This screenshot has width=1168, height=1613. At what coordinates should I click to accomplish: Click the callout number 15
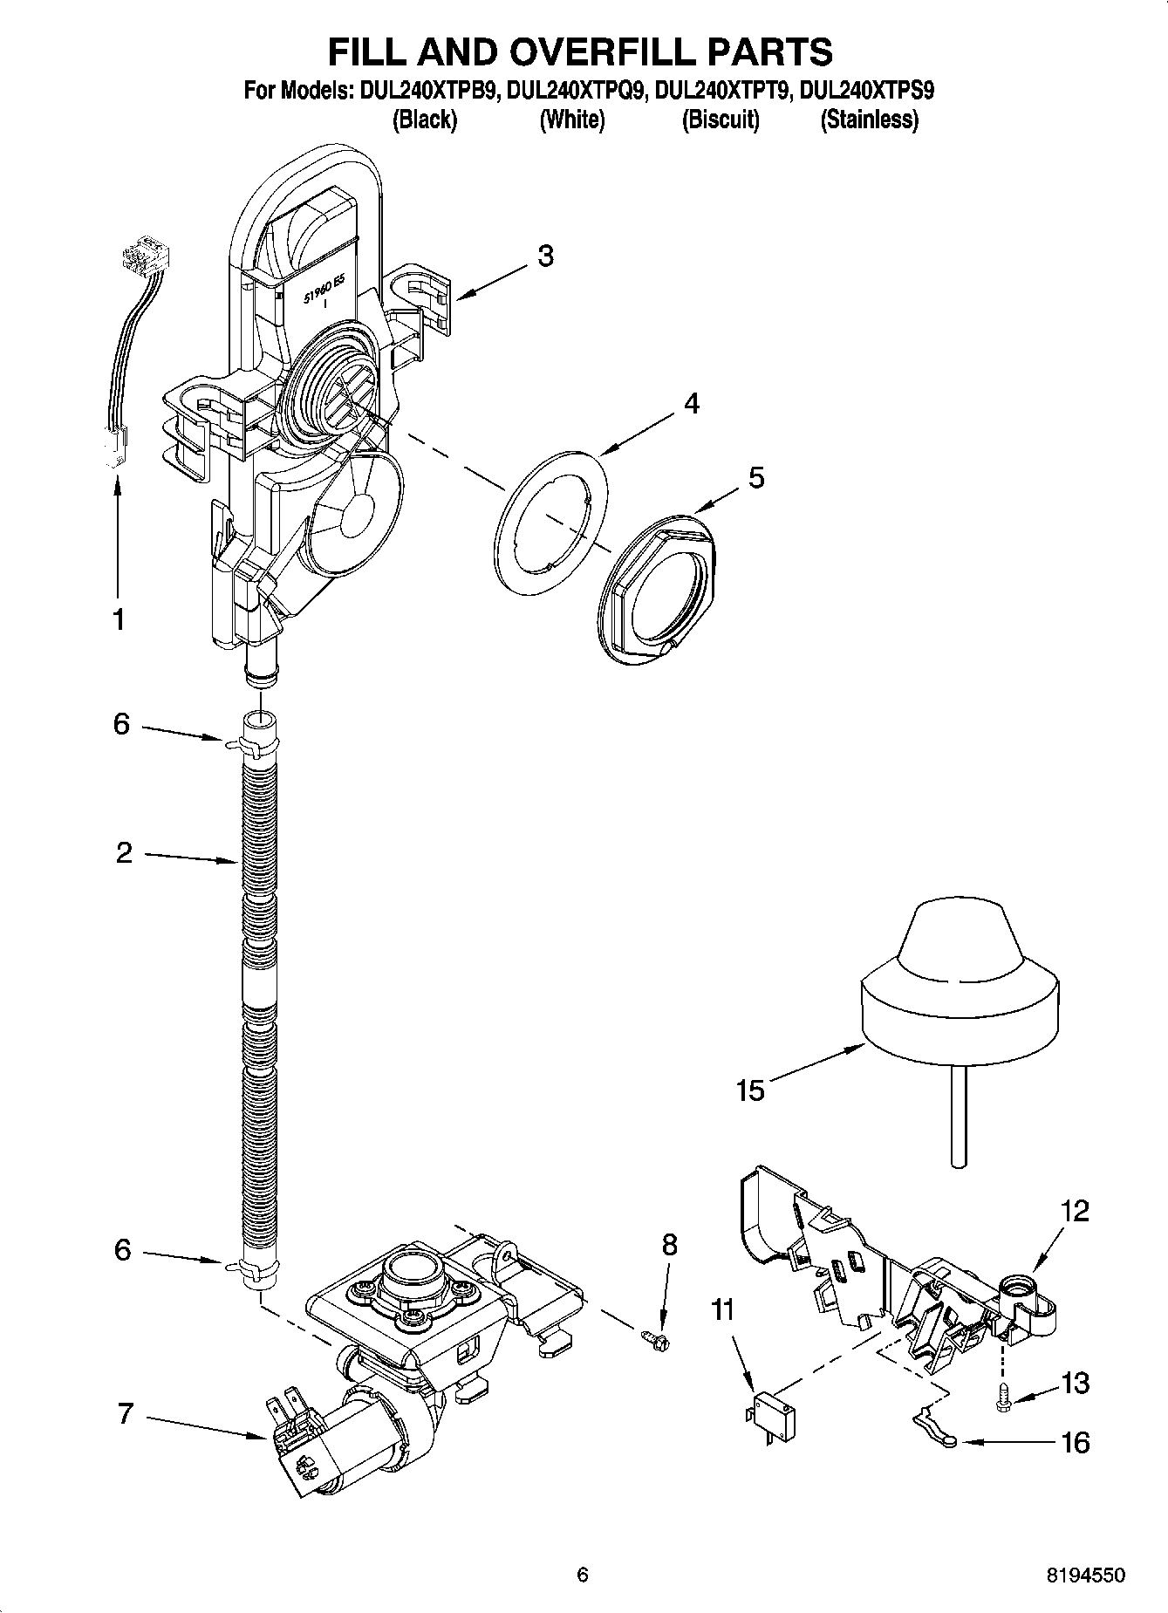click(x=749, y=1090)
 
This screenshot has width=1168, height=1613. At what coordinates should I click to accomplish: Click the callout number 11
click(x=722, y=1310)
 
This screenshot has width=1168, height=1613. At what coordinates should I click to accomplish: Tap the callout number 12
click(x=1075, y=1211)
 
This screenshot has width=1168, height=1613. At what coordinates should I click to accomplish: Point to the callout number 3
click(x=544, y=256)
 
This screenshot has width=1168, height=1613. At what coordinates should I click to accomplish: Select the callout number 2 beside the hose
click(x=124, y=852)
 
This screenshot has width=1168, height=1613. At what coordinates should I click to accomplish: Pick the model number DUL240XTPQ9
click(x=577, y=92)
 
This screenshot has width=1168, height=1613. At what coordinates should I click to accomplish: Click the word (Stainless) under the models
click(x=869, y=120)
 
